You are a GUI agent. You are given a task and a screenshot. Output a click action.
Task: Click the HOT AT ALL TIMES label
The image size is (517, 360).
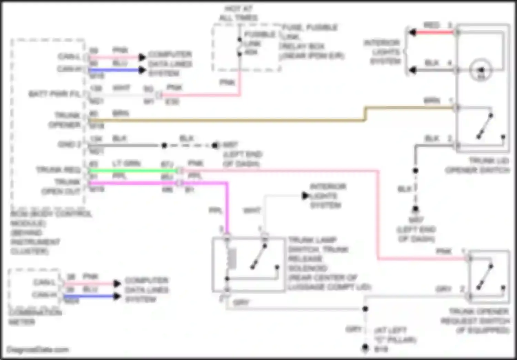click(x=238, y=13)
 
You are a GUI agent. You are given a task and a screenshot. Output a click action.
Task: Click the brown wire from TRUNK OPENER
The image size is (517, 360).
click(x=224, y=120)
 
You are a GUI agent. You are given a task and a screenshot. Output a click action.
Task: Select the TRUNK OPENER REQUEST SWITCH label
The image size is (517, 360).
click(x=477, y=321)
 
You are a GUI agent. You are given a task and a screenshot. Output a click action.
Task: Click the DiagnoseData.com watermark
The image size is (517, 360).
click(x=38, y=350)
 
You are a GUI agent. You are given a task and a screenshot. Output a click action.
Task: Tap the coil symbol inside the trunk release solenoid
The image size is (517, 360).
click(x=232, y=259)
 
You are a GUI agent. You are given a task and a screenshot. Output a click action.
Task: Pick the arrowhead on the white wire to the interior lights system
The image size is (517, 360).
click(x=305, y=196)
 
